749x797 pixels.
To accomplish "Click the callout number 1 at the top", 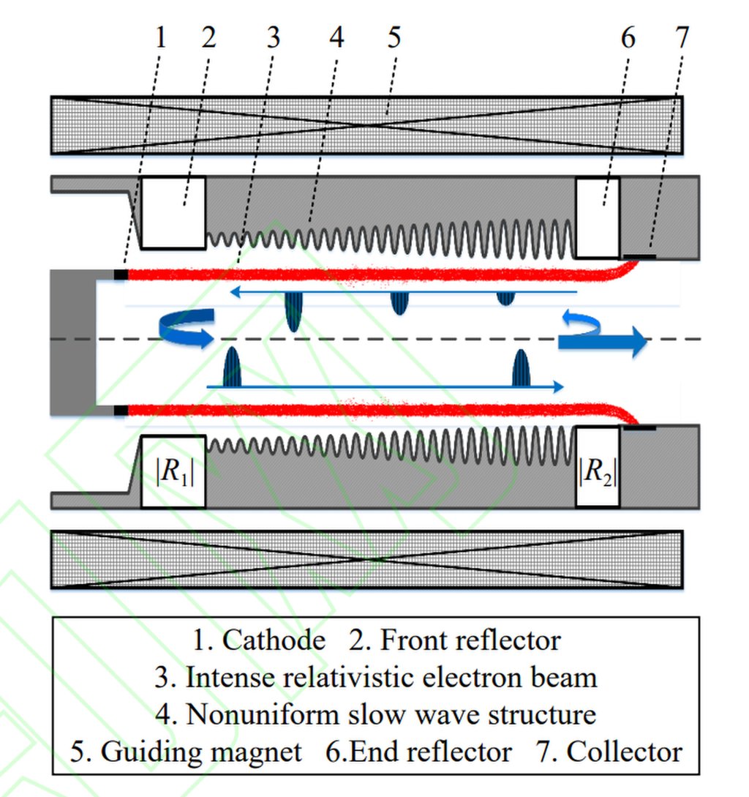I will tap(161, 37).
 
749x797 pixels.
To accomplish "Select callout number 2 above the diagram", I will tap(208, 37).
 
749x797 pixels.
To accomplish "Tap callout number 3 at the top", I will tap(273, 37).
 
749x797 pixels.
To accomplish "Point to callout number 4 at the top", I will tap(336, 37).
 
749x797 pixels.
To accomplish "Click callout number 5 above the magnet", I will tap(394, 37).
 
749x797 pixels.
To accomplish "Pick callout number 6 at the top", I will tap(628, 37).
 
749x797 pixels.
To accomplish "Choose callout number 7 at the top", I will tap(682, 37).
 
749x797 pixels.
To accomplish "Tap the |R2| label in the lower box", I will tap(598, 472).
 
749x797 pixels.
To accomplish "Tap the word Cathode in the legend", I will tap(274, 640).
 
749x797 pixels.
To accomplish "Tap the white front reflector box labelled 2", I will tap(173, 212).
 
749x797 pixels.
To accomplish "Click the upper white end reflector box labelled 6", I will tap(598, 217).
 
